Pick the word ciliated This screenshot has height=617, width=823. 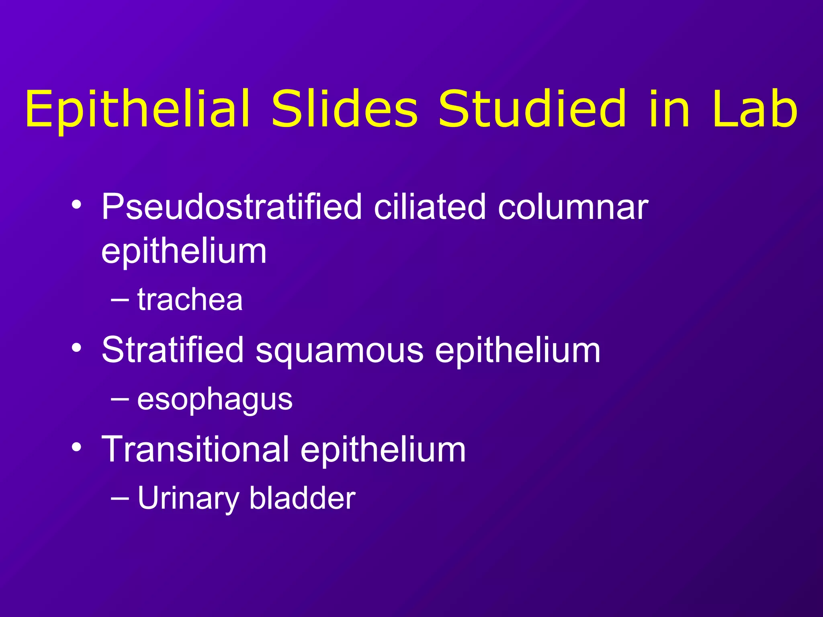coord(430,206)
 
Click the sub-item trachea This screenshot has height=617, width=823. coord(190,300)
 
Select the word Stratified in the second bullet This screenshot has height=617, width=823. coord(172,350)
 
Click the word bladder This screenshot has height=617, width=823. coord(302,498)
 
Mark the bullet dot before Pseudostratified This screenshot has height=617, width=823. coord(77,206)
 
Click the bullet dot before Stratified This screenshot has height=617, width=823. coord(77,347)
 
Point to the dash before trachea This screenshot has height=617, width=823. coord(120,300)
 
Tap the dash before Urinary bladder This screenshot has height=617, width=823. coord(120,498)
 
